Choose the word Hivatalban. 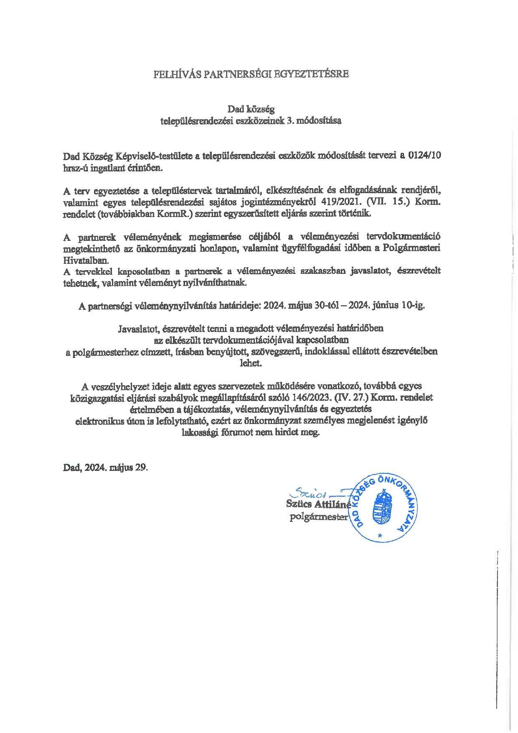click(x=86, y=260)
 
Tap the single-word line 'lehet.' click(x=251, y=363)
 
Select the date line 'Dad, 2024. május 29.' click(x=106, y=467)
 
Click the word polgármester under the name click(x=319, y=517)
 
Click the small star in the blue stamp click(x=380, y=535)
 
